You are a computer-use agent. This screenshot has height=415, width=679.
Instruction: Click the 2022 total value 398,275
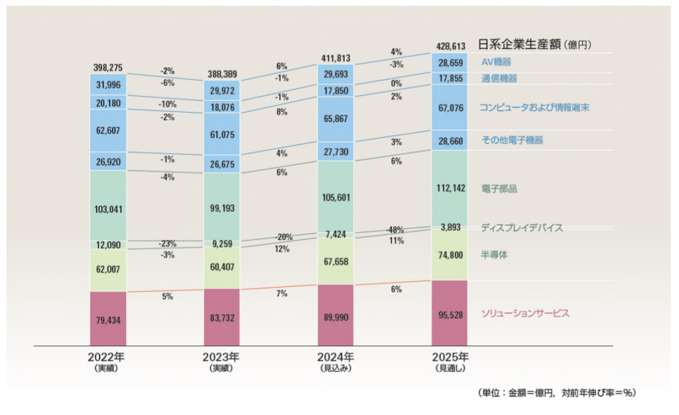(108, 68)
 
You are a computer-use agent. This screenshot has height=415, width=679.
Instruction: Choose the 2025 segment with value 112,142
(450, 189)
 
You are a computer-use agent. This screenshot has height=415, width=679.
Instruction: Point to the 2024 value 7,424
(336, 234)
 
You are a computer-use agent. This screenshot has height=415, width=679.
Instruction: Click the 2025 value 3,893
(450, 227)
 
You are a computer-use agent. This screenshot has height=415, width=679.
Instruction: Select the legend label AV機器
(497, 62)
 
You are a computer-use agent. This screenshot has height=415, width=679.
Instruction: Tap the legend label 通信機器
(499, 79)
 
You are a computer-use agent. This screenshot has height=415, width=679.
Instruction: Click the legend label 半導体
(495, 255)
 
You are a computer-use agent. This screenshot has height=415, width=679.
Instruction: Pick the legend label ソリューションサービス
(525, 313)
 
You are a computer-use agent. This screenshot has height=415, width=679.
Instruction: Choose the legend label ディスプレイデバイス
(523, 228)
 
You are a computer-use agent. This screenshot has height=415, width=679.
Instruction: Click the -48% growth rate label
(396, 230)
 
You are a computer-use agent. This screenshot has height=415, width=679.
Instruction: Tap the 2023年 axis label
(222, 357)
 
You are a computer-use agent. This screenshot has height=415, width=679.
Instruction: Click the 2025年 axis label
(450, 357)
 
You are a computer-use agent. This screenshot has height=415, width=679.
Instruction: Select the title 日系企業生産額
(519, 45)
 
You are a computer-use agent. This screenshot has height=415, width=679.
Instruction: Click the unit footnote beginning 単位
(556, 393)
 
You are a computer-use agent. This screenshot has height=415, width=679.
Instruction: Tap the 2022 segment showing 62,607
(108, 131)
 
